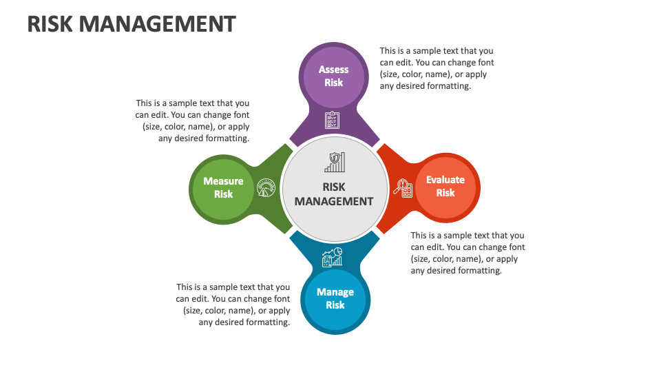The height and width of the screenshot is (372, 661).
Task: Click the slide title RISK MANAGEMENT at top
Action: pyautogui.click(x=131, y=24)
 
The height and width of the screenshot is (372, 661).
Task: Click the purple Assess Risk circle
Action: pyautogui.click(x=333, y=76)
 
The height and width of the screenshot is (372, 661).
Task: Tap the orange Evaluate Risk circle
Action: pyautogui.click(x=445, y=187)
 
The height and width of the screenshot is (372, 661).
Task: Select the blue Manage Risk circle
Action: pyautogui.click(x=335, y=298)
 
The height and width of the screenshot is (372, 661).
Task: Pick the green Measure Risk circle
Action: pyautogui.click(x=223, y=188)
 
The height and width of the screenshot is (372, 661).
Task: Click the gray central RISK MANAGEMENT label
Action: pyautogui.click(x=334, y=194)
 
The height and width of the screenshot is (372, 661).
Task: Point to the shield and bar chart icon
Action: pyautogui.click(x=335, y=163)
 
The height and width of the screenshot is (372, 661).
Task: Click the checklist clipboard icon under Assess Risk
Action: pyautogui.click(x=333, y=120)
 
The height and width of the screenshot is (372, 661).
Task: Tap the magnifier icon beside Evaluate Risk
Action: pyautogui.click(x=402, y=187)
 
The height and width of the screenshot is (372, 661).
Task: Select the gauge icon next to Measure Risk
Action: pyautogui.click(x=266, y=187)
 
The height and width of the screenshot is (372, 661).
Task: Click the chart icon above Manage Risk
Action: pyautogui.click(x=333, y=257)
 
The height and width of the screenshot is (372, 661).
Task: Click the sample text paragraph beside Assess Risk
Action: pyautogui.click(x=437, y=69)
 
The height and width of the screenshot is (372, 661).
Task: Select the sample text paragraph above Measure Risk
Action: pyautogui.click(x=193, y=121)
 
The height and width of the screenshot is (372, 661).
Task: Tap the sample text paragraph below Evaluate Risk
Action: pyautogui.click(x=468, y=253)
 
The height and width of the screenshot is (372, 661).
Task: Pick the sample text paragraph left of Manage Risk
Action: pyautogui.click(x=233, y=304)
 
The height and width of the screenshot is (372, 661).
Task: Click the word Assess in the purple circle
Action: pyautogui.click(x=333, y=70)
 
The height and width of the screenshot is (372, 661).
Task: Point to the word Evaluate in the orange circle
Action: pyautogui.click(x=445, y=180)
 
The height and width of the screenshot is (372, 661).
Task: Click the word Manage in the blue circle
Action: pyautogui.click(x=335, y=292)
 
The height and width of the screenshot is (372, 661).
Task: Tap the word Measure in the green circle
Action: pyautogui.click(x=223, y=181)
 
